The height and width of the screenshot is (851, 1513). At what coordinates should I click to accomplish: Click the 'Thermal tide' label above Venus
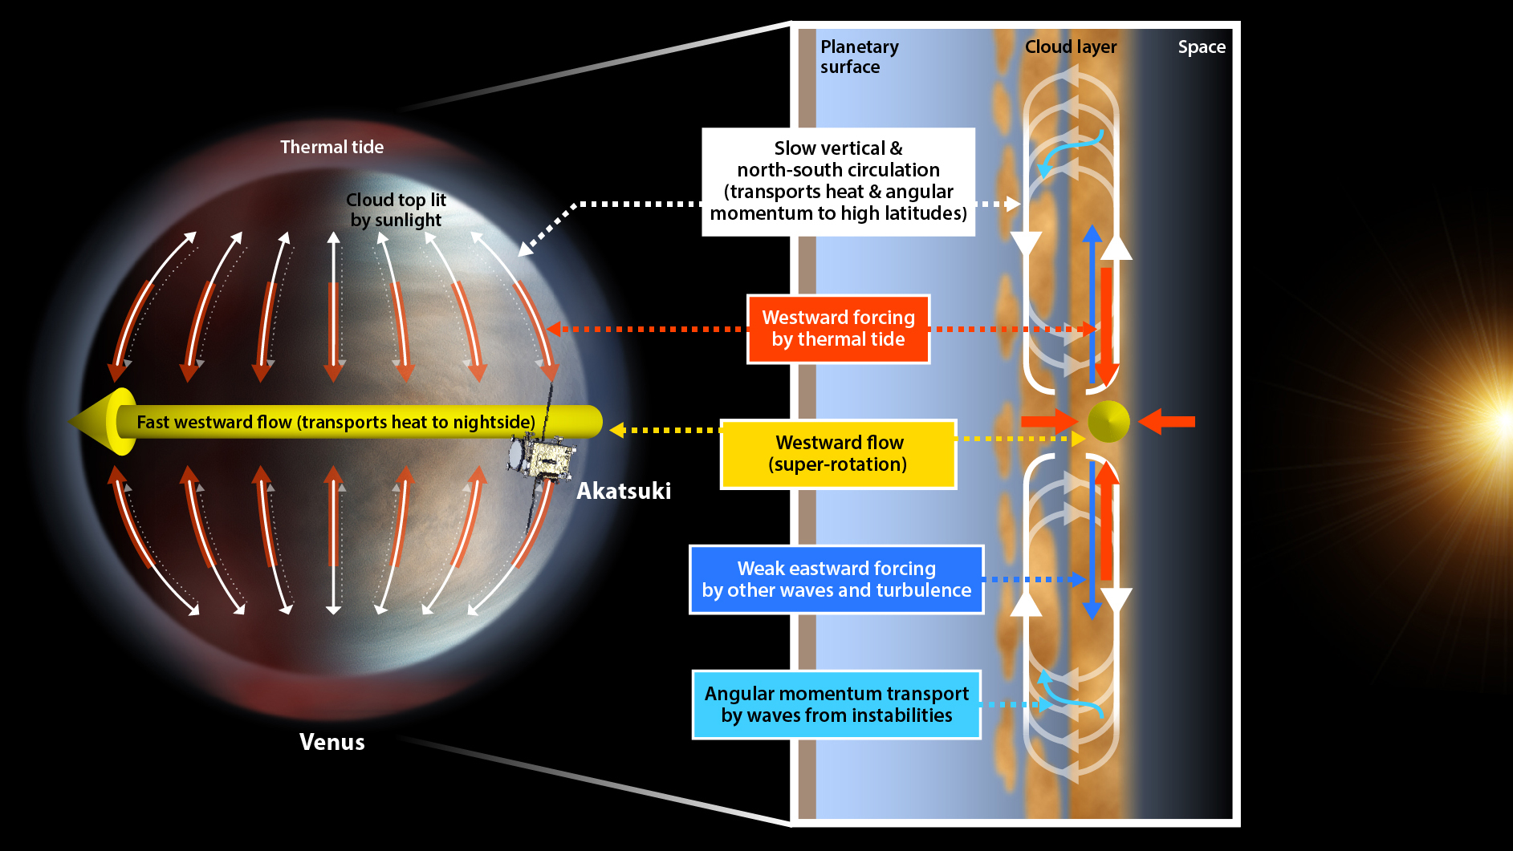click(x=331, y=147)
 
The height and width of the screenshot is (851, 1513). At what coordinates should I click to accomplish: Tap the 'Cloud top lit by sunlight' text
click(x=396, y=209)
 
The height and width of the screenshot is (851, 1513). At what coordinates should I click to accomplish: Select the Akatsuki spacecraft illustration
click(x=541, y=458)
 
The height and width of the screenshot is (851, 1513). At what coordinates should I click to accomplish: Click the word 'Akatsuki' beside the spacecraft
click(x=624, y=491)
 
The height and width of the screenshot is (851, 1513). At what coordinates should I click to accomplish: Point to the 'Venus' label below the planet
click(x=331, y=742)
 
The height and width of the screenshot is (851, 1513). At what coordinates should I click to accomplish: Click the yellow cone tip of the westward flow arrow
click(x=100, y=422)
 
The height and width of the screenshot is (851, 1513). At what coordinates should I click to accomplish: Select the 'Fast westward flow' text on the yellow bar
click(x=336, y=422)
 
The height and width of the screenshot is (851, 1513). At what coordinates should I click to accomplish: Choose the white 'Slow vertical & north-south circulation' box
click(x=838, y=181)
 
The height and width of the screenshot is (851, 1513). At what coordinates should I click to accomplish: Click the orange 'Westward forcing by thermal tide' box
click(x=838, y=329)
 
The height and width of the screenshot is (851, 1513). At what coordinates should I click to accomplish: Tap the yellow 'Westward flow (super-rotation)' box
click(x=838, y=454)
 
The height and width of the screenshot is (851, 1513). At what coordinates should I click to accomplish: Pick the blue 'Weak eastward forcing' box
click(x=836, y=579)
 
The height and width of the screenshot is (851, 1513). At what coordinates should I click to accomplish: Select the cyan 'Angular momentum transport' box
click(x=836, y=704)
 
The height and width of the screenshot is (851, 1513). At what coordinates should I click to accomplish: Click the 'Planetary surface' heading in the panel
click(x=858, y=56)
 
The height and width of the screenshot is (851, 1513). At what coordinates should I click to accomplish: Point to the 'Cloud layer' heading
click(x=1070, y=47)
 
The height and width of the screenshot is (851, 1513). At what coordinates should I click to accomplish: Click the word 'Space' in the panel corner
click(x=1201, y=47)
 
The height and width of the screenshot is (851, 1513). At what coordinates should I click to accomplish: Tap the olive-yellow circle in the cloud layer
click(x=1108, y=421)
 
